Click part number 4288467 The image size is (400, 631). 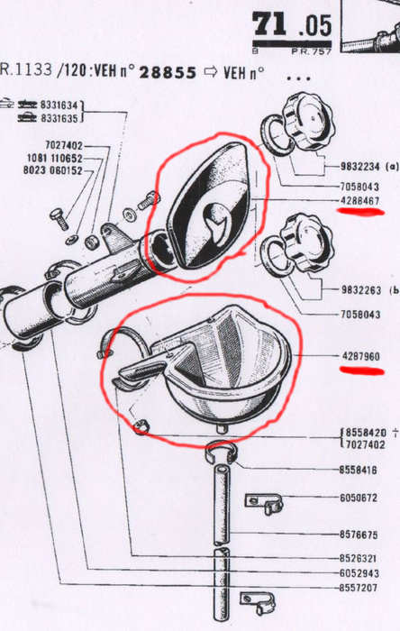tap(360, 200)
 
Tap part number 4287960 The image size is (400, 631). tap(361, 356)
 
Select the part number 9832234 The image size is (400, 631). tap(360, 166)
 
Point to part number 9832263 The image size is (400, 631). tap(361, 289)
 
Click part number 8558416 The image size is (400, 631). tap(359, 470)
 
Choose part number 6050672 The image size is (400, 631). tap(359, 498)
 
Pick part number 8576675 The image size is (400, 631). tap(359, 535)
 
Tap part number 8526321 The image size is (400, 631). tap(359, 559)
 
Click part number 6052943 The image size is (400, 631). tap(359, 573)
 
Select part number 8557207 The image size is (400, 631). tap(359, 588)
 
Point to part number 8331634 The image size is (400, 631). tap(59, 105)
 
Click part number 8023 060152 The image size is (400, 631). tap(52, 170)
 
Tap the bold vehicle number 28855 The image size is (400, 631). tap(168, 73)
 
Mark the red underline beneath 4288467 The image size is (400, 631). tap(361, 212)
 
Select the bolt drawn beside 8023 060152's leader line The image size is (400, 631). tap(59, 218)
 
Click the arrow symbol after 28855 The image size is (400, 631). tap(210, 72)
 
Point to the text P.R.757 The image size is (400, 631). tap(311, 51)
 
